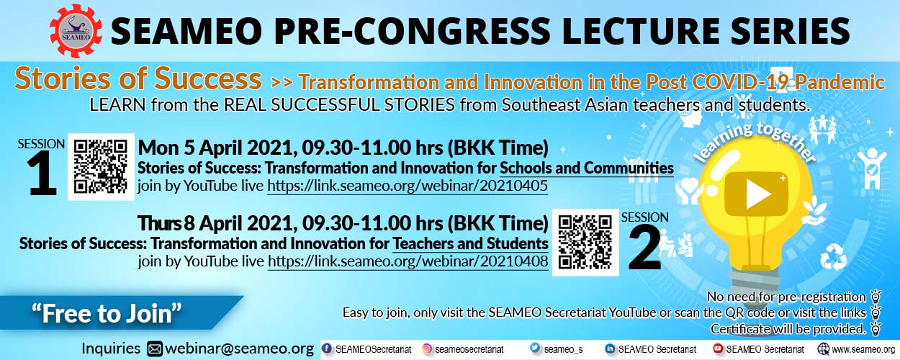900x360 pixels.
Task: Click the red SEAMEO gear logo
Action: coord(76,31)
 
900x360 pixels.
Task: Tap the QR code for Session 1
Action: coord(101,167)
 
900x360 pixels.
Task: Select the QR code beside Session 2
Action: coord(585,242)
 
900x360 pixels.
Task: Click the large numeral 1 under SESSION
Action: coord(42,174)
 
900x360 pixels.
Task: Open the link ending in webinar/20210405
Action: coord(408,186)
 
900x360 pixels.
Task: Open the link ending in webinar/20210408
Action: coord(408,261)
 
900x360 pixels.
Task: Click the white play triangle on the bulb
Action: coord(757,194)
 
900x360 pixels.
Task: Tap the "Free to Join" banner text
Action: coord(107,314)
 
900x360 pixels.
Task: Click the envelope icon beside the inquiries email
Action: coord(155,349)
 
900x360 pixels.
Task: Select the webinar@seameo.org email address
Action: coord(239,348)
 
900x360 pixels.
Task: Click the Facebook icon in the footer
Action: coord(328,348)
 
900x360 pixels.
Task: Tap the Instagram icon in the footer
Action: coord(428,348)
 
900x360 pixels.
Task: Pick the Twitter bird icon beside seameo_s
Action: coord(535,348)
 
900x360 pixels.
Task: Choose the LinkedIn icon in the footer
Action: coord(610,348)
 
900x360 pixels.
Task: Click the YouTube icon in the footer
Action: coord(718,348)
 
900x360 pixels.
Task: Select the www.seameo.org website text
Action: coord(863,349)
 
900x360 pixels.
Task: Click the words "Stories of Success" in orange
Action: coord(138,78)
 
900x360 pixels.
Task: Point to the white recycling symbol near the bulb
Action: coord(834,256)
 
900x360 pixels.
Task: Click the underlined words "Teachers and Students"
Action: coord(470,243)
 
